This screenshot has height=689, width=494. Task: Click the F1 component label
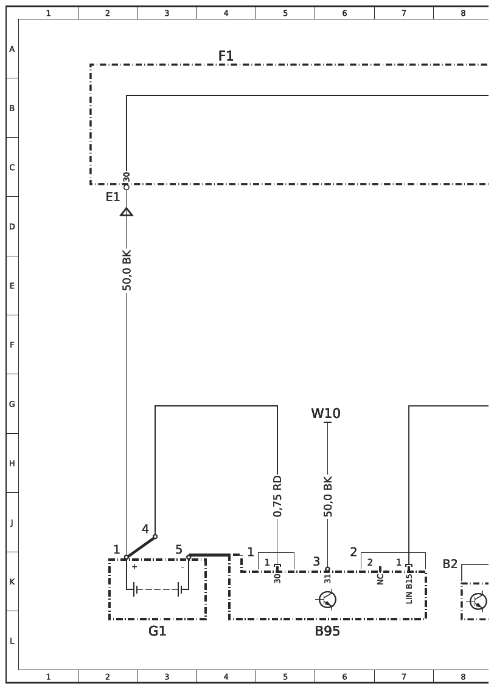coord(226,56)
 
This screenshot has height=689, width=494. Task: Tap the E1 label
coord(113,197)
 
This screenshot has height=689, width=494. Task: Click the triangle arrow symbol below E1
coord(127,212)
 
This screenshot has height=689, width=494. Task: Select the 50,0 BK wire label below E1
coord(127,270)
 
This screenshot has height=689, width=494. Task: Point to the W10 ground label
coord(326,414)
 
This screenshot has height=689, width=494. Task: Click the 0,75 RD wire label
coord(277,496)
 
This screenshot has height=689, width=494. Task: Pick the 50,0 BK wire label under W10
coord(328,496)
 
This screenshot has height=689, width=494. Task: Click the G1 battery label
coord(157,631)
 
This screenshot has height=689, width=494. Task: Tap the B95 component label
coord(327,631)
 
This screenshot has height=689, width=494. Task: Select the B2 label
coord(450,564)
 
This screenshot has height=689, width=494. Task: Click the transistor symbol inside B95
coord(328,600)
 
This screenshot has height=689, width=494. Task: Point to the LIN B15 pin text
coord(409,589)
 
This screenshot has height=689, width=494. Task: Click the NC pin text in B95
coord(380,578)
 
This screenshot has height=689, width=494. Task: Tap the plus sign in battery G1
coord(134,567)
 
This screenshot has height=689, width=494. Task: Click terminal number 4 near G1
coord(145,529)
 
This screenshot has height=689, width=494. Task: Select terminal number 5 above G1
coord(179,550)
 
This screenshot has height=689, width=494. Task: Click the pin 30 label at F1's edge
coord(127,177)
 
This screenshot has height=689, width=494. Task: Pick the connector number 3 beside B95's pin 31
coord(316,561)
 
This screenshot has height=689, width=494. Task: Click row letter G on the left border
coord(12,404)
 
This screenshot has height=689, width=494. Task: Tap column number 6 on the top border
coord(344,13)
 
